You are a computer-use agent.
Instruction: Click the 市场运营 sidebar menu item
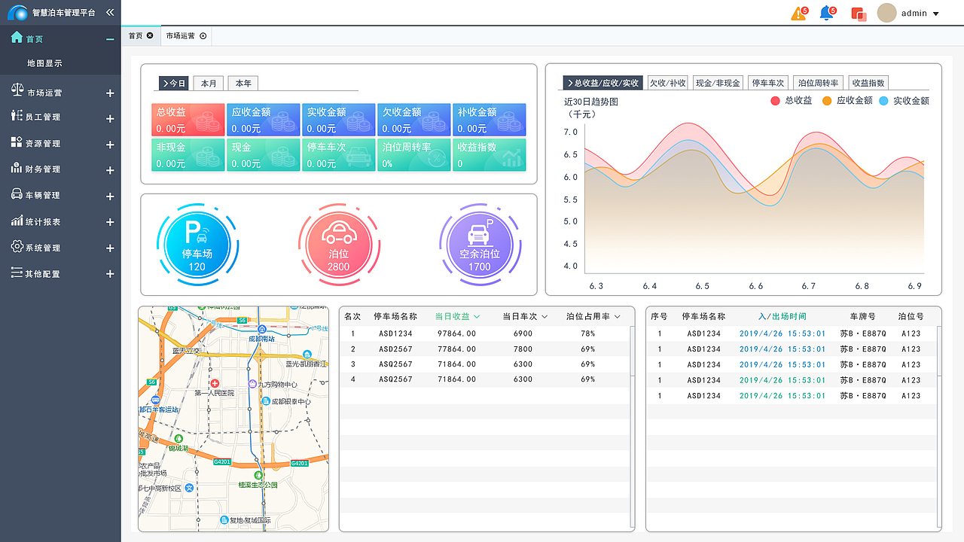pyautogui.click(x=44, y=93)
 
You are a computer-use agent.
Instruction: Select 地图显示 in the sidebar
pyautogui.click(x=44, y=63)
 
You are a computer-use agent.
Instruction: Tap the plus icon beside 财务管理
pyautogui.click(x=110, y=170)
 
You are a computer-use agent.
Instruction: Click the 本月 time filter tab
pyautogui.click(x=209, y=84)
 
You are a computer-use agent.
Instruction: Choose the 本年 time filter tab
pyautogui.click(x=243, y=84)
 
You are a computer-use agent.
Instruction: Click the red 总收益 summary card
pyautogui.click(x=188, y=120)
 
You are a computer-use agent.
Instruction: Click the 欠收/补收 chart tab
pyautogui.click(x=668, y=83)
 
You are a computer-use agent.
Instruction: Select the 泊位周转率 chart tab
pyautogui.click(x=819, y=83)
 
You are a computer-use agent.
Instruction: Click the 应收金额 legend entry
pyautogui.click(x=847, y=100)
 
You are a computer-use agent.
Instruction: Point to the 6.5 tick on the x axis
pyautogui.click(x=702, y=286)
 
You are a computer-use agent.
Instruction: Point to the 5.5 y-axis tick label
pyautogui.click(x=570, y=199)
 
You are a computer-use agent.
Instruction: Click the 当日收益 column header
pyautogui.click(x=457, y=316)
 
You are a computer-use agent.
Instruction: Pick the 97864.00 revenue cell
pyautogui.click(x=456, y=333)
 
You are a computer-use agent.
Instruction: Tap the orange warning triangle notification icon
pyautogui.click(x=798, y=14)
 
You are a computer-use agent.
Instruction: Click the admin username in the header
pyautogui.click(x=914, y=14)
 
